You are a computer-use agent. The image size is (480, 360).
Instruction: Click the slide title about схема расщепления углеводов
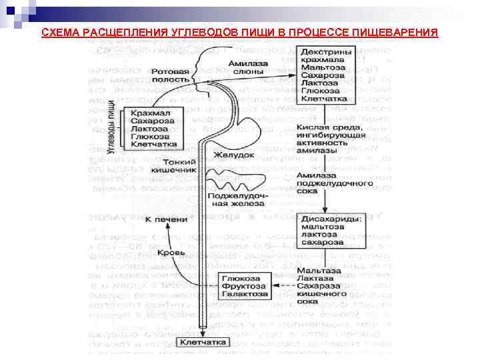click(x=239, y=33)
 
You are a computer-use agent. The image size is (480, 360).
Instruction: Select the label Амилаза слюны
click(x=247, y=67)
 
